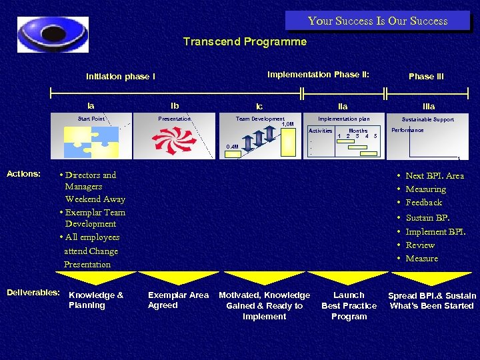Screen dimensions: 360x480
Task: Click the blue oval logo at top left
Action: (x=52, y=34)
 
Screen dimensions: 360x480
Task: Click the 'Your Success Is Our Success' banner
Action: (x=377, y=21)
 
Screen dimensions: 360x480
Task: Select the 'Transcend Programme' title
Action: (x=245, y=42)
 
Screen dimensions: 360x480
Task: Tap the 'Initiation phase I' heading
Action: (x=121, y=76)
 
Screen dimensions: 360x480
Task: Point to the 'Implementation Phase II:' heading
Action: (x=318, y=75)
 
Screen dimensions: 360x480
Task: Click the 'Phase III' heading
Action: (x=426, y=76)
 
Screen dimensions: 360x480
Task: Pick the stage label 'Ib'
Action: (x=175, y=105)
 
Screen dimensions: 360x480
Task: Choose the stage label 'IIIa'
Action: (x=429, y=106)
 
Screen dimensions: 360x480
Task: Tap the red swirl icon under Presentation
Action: (x=175, y=141)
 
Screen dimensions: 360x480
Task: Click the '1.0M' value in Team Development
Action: (x=287, y=124)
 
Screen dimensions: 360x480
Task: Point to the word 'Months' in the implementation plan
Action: (x=358, y=131)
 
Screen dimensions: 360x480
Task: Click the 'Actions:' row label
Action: (x=23, y=174)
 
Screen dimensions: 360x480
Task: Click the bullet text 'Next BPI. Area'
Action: (x=435, y=175)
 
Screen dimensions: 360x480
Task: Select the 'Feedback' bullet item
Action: (x=424, y=203)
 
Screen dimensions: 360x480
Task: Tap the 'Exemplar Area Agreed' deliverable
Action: (x=178, y=300)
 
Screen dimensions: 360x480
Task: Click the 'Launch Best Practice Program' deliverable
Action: (x=349, y=305)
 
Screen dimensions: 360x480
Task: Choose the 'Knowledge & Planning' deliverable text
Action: (x=96, y=300)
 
